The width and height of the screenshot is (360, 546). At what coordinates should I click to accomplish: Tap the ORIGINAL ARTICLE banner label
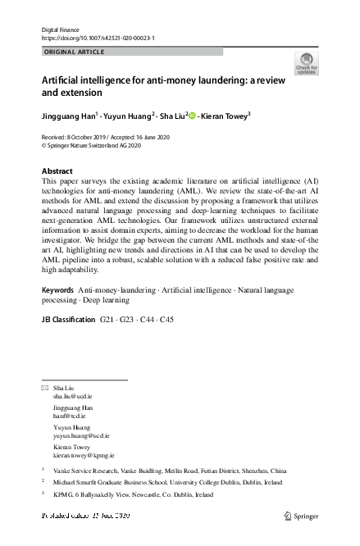pos(74,52)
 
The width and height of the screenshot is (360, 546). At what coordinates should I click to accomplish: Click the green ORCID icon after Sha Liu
pos(193,116)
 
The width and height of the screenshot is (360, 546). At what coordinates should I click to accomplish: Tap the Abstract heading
pos(57,171)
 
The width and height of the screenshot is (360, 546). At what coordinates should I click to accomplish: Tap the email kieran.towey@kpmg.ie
pos(84,454)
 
